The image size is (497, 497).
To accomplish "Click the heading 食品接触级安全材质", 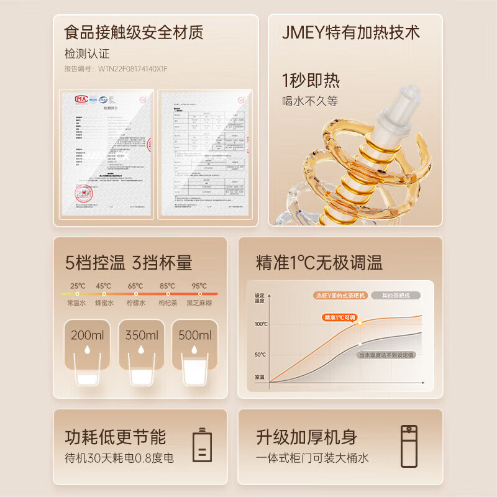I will point(134,32).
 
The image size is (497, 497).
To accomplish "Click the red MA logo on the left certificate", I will point(81,98).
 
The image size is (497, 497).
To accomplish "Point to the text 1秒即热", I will point(311,81).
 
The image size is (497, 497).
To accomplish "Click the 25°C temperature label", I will point(78,286).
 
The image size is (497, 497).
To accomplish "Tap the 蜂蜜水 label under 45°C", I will point(104,303).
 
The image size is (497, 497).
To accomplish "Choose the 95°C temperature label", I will point(199,286).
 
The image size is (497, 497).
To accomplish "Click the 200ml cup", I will point(87,354).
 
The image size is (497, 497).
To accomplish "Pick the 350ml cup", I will point(142,354).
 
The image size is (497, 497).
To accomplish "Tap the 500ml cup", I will point(195,354).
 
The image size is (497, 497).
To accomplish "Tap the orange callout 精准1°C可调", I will point(339,317).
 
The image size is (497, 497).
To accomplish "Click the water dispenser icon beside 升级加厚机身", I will point(408,444).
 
